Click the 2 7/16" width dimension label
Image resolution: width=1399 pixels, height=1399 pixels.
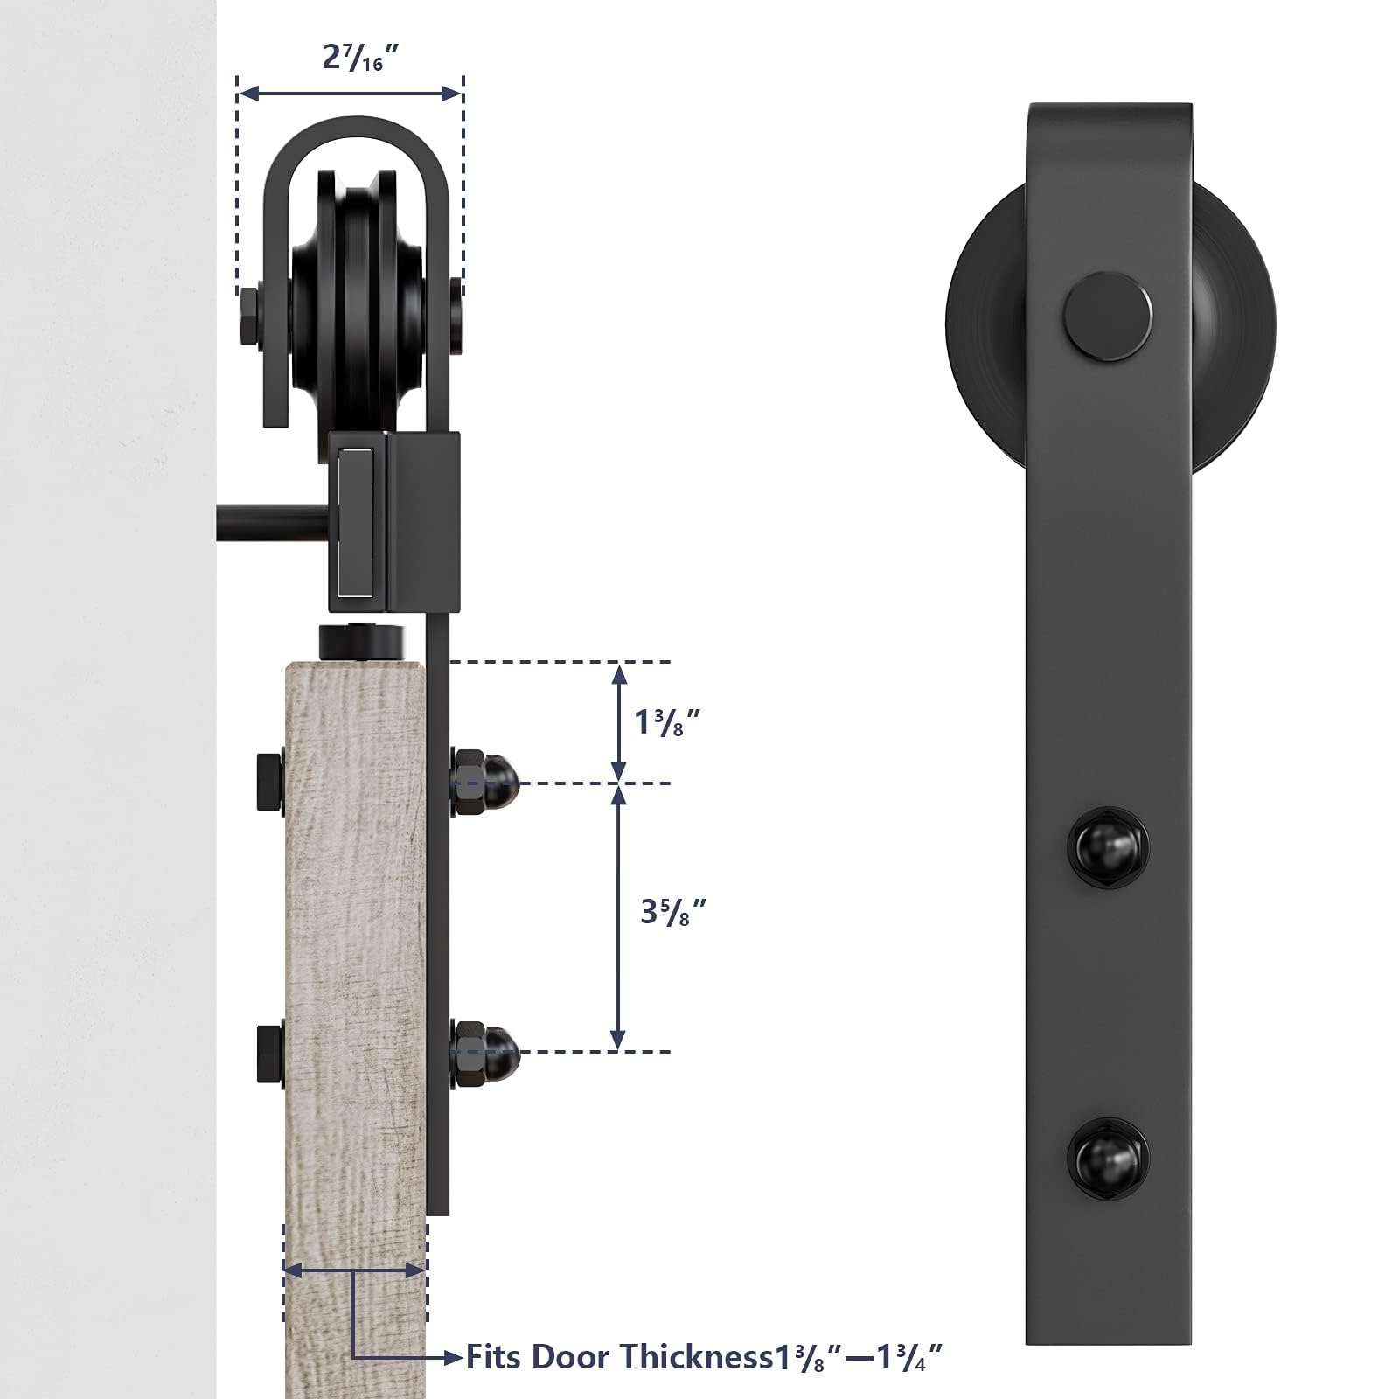[x=360, y=58]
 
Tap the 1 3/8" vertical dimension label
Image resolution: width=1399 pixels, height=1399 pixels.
[x=668, y=721]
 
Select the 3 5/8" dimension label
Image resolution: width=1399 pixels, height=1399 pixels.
[x=672, y=911]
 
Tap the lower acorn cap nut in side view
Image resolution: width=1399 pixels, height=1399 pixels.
[x=486, y=1052]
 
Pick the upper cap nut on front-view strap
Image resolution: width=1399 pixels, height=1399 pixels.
[x=1108, y=846]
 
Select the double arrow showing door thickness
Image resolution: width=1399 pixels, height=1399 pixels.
[x=355, y=1270]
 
